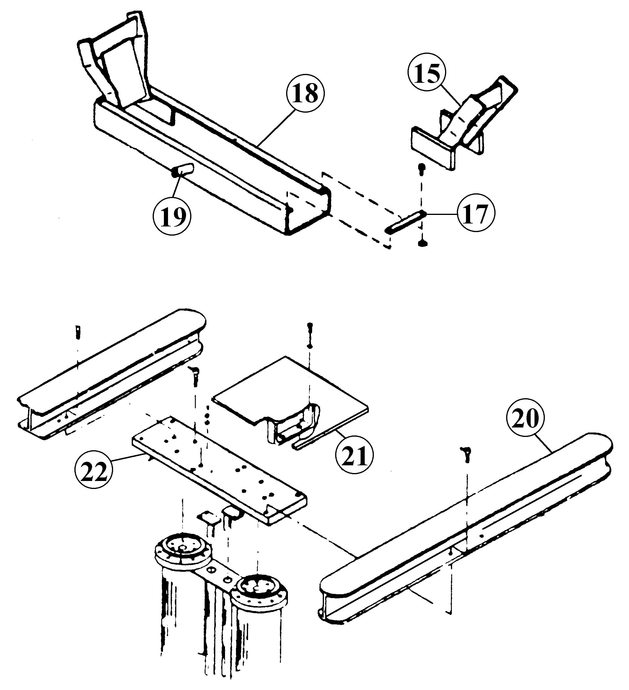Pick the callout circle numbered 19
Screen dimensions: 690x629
point(172,216)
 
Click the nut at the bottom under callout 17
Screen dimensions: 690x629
point(423,243)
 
